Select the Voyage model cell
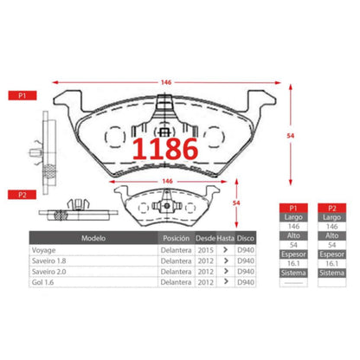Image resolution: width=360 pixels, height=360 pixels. tap(43, 249)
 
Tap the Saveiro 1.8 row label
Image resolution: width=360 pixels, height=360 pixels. tap(49, 260)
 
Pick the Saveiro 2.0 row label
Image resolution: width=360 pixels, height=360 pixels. tap(49, 271)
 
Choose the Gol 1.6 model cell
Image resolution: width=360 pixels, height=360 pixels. tap(42, 282)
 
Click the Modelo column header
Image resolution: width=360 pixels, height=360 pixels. tap(93, 237)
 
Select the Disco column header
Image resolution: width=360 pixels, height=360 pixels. tap(246, 237)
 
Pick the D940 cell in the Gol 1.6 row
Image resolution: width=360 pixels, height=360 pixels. tap(246, 282)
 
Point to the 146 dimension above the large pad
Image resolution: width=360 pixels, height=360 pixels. tap(165, 82)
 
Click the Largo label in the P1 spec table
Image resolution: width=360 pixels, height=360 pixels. tap(295, 219)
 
